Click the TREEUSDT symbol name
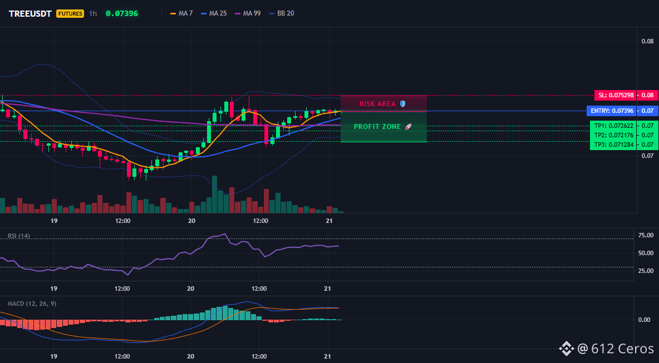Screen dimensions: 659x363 point(30,13)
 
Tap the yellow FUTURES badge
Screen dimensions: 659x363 point(70,13)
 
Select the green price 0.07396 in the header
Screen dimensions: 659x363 point(122,13)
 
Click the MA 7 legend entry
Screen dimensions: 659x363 point(181,13)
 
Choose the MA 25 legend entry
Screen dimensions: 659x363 point(214,13)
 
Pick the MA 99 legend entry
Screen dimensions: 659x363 point(248,13)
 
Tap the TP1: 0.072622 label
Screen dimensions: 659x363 point(612,126)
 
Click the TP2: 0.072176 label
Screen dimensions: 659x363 point(612,135)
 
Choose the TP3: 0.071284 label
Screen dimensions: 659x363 point(612,145)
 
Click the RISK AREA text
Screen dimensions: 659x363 point(377,103)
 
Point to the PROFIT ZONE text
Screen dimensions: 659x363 point(377,126)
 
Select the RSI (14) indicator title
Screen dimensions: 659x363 point(19,236)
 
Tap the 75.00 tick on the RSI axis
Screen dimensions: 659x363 point(646,235)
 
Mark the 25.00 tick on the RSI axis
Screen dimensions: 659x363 point(646,271)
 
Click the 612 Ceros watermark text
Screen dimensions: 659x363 point(623,349)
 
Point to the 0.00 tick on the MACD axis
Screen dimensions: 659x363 point(645,320)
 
